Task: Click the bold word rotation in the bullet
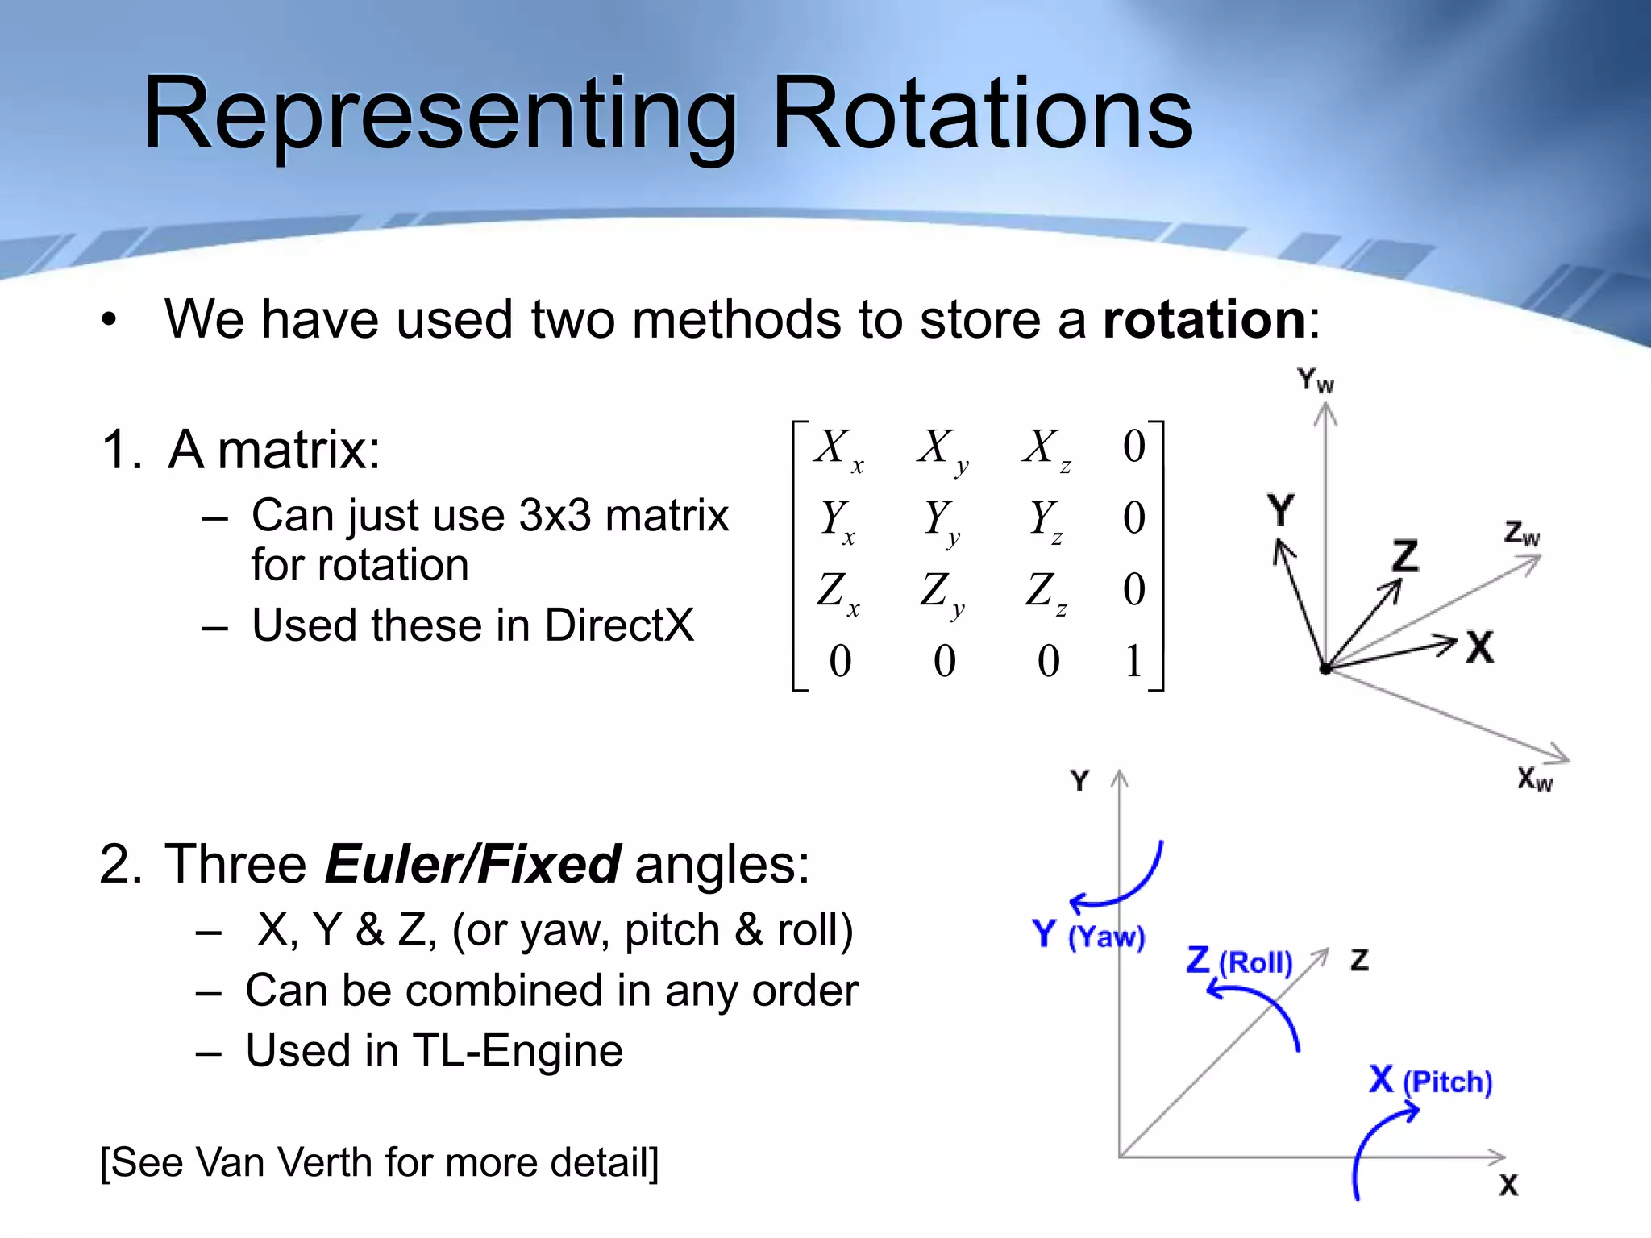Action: coord(1204,319)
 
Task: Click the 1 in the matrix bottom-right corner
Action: coord(1133,661)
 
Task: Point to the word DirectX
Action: coord(618,625)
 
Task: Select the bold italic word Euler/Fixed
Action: coord(472,864)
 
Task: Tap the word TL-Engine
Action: coord(518,1051)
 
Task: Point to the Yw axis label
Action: coord(1315,380)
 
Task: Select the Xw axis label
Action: coord(1534,779)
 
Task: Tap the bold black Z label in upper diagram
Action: coord(1405,556)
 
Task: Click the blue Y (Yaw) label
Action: coord(1087,935)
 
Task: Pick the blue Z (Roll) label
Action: coord(1239,961)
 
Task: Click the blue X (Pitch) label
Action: coord(1430,1080)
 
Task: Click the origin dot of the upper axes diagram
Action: coord(1325,668)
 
